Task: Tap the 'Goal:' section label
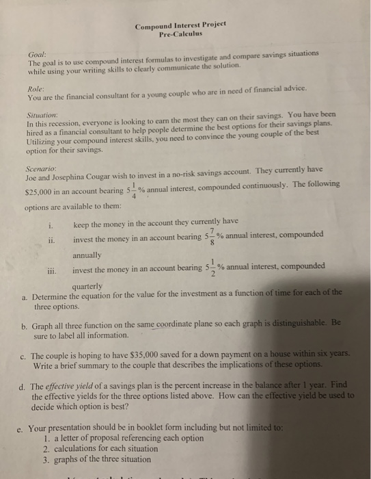tap(38, 53)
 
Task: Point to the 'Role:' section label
tap(36, 88)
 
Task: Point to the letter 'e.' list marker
tap(23, 431)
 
